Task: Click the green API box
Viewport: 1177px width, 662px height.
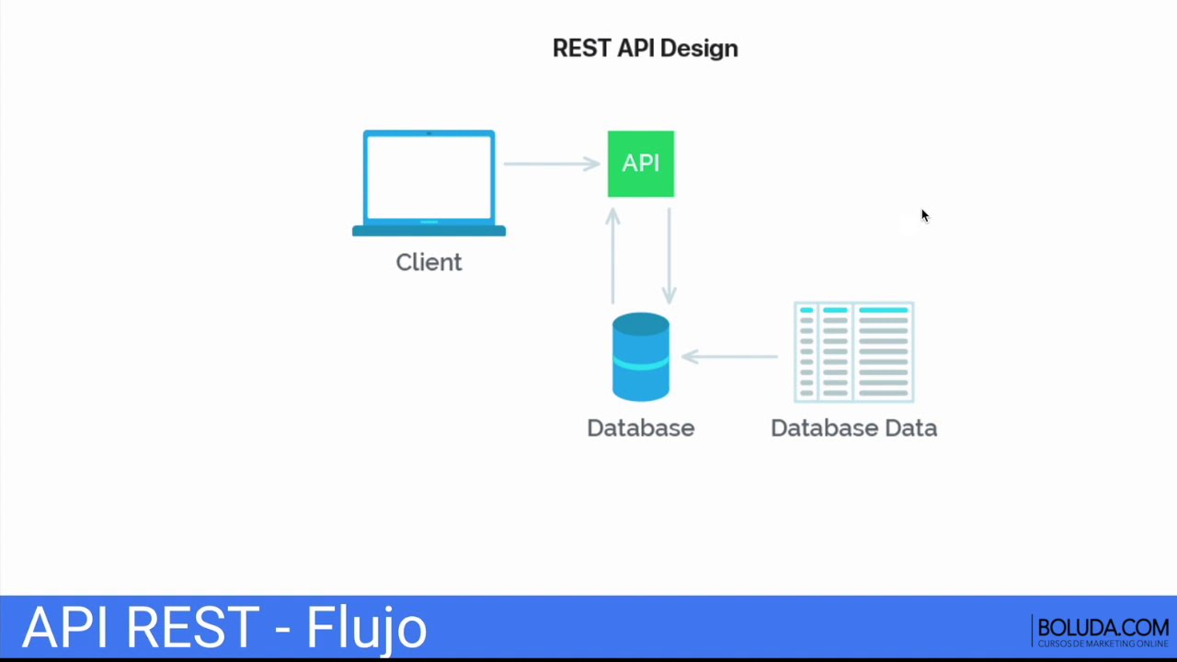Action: (x=641, y=164)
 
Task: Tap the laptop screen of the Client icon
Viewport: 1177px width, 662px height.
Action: (x=429, y=177)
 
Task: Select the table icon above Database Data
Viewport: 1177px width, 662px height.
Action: (x=853, y=352)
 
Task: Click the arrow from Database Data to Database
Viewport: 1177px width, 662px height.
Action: (x=730, y=356)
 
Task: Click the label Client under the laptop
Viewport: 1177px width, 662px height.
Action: (x=429, y=262)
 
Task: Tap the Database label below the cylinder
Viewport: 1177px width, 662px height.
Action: (x=641, y=428)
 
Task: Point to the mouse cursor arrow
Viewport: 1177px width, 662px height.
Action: (x=924, y=215)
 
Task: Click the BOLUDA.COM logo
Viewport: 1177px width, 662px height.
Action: (x=1103, y=631)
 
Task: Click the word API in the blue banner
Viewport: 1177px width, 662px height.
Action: (x=68, y=627)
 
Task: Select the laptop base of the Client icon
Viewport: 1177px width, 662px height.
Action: (x=429, y=231)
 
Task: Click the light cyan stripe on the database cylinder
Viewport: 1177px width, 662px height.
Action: (x=641, y=363)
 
